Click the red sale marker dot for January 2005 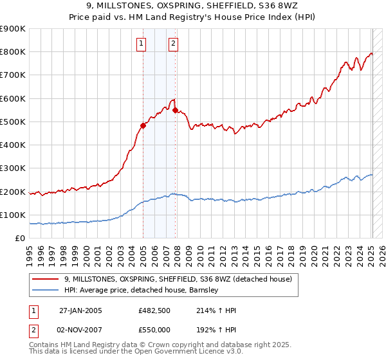click(x=143, y=125)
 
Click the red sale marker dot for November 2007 click(x=175, y=110)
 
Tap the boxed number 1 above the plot click(x=141, y=44)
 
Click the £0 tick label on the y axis click(x=21, y=239)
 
